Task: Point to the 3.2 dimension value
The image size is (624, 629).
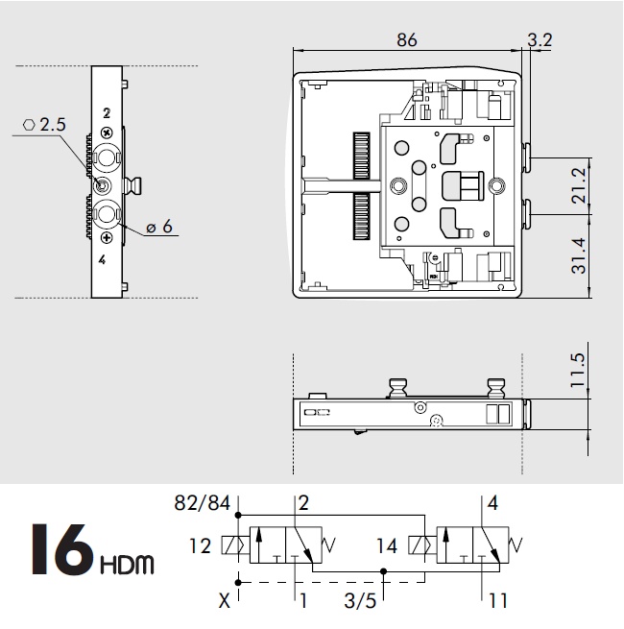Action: (x=540, y=40)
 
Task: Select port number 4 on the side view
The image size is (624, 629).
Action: (x=104, y=259)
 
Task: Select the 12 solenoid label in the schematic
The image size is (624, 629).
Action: (x=199, y=546)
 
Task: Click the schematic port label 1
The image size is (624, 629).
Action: (x=303, y=604)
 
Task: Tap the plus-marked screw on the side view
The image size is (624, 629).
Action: (x=106, y=237)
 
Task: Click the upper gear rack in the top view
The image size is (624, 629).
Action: (x=362, y=154)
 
